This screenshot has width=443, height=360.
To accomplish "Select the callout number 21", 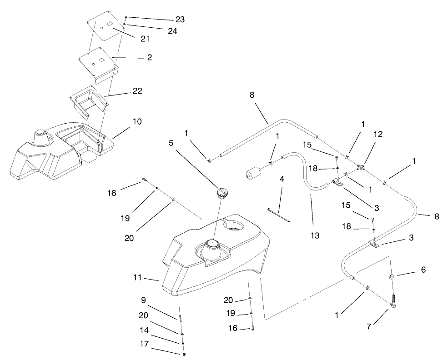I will click(145, 39).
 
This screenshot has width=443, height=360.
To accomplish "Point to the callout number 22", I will click(137, 91).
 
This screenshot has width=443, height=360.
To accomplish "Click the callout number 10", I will click(137, 121).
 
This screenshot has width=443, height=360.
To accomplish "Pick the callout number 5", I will click(171, 142).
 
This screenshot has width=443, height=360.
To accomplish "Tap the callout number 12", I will click(378, 134).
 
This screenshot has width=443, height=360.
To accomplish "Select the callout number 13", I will click(315, 235).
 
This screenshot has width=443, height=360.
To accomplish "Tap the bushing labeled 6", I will click(391, 277).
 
